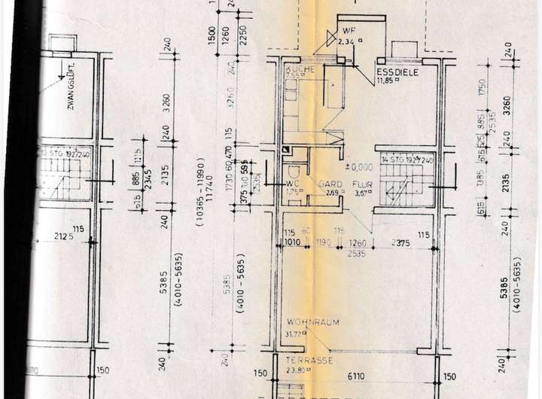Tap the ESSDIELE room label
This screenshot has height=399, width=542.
(397, 72)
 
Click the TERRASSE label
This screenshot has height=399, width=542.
(309, 361)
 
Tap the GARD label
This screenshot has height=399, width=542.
(333, 183)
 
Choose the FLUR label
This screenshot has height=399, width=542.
(367, 183)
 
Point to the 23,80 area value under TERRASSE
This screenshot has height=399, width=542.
(297, 370)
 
